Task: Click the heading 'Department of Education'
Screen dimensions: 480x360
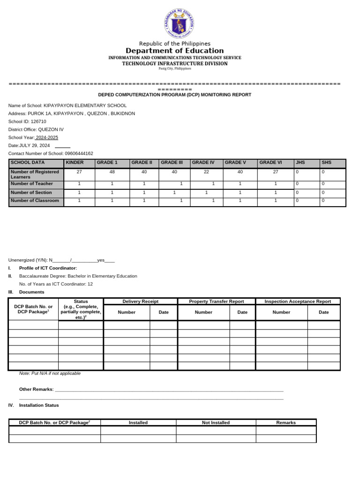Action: (x=174, y=51)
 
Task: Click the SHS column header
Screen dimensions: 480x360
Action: (x=326, y=163)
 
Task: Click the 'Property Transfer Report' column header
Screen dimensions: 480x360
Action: (x=217, y=301)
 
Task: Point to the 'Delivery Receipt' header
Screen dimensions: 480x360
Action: (x=140, y=301)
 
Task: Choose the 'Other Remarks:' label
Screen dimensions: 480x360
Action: (x=37, y=389)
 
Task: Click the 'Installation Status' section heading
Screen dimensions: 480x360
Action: (x=39, y=405)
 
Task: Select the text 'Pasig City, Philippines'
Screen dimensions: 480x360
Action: (x=175, y=68)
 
